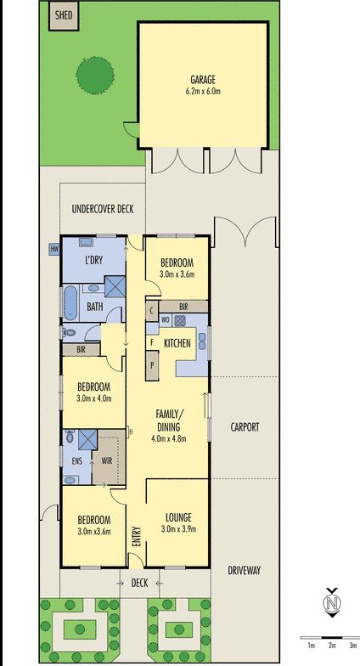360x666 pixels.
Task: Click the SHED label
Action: tap(64, 15)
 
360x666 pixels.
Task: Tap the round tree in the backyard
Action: tap(95, 75)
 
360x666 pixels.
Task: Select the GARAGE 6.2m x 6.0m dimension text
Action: tap(203, 91)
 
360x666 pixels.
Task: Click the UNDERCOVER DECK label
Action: tap(103, 209)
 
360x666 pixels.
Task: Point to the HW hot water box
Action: tap(54, 250)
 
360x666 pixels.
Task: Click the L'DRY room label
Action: tap(93, 260)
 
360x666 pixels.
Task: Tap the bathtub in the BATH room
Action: tap(70, 302)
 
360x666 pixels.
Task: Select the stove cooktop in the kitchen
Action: tap(180, 320)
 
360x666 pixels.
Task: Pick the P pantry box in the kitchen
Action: tap(151, 365)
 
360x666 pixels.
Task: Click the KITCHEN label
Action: tap(177, 343)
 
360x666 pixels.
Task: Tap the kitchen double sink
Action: tap(202, 343)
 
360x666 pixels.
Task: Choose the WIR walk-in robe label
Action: tap(107, 461)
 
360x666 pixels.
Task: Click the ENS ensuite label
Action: tap(76, 461)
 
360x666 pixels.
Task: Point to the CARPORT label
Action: tap(245, 427)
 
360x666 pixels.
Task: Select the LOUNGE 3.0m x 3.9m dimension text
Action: tap(178, 529)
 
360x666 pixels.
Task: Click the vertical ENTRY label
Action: tap(136, 537)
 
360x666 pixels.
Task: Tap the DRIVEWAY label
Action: tap(245, 571)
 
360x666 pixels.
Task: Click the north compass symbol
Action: tap(332, 603)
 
